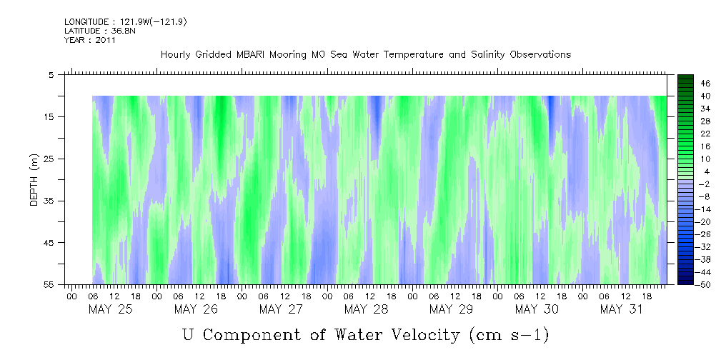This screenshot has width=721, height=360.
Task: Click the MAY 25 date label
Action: pos(110,309)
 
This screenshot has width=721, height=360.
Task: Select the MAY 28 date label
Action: pos(366,309)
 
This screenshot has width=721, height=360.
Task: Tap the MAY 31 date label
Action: pos(622,309)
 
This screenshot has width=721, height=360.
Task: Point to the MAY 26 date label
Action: pos(195,309)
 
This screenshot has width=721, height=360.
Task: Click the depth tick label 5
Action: pos(51,74)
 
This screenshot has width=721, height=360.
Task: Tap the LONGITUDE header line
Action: pos(125,22)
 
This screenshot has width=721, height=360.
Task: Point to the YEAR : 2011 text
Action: pos(90,40)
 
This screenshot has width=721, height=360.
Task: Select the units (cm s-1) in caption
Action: pos(508,334)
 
